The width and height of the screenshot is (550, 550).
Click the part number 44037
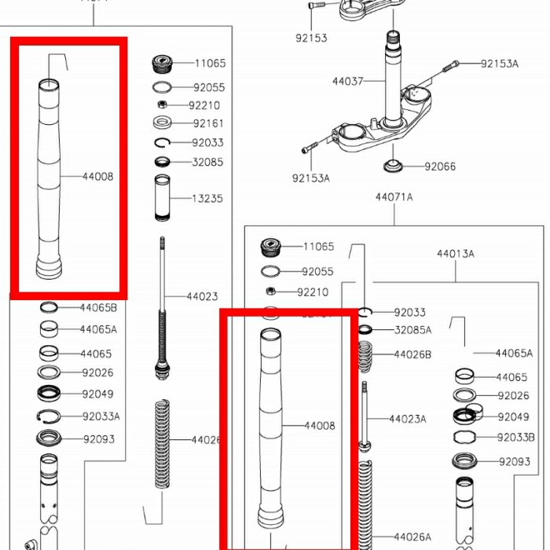coord(347,81)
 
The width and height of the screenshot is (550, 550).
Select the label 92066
coord(440,167)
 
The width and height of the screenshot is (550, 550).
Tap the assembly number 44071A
coord(394,197)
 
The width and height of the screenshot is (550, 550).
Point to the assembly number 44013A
coord(456,254)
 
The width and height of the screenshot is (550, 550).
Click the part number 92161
coord(208,123)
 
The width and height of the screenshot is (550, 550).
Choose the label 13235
coord(207,199)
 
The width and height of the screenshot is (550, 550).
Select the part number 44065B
coord(98,307)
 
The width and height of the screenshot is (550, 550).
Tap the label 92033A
coord(101,416)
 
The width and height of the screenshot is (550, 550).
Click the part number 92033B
coord(515,437)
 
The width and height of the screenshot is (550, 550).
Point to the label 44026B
coord(412,354)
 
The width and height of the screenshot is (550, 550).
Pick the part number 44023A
coord(407,419)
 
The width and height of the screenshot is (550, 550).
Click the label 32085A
coord(412,330)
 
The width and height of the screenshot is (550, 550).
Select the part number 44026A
coord(412,537)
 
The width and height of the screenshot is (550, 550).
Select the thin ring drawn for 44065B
coord(49,307)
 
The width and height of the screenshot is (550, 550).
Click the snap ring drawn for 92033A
coord(49,416)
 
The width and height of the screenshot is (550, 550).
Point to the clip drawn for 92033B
coord(464,437)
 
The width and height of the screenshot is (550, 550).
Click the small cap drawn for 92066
coord(393,167)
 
